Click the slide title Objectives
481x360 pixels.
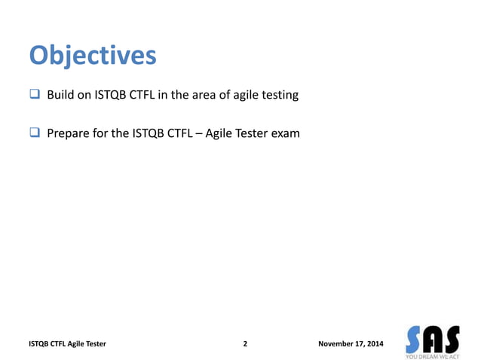(x=93, y=56)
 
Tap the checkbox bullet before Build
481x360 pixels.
(x=35, y=96)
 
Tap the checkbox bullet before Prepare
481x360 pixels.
(x=35, y=134)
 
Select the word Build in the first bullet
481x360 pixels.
(x=60, y=96)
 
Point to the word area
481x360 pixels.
(x=204, y=96)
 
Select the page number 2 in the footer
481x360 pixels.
(x=245, y=344)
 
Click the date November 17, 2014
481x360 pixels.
(x=351, y=344)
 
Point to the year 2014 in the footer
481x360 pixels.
(x=373, y=344)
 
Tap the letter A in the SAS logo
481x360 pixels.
(x=433, y=337)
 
